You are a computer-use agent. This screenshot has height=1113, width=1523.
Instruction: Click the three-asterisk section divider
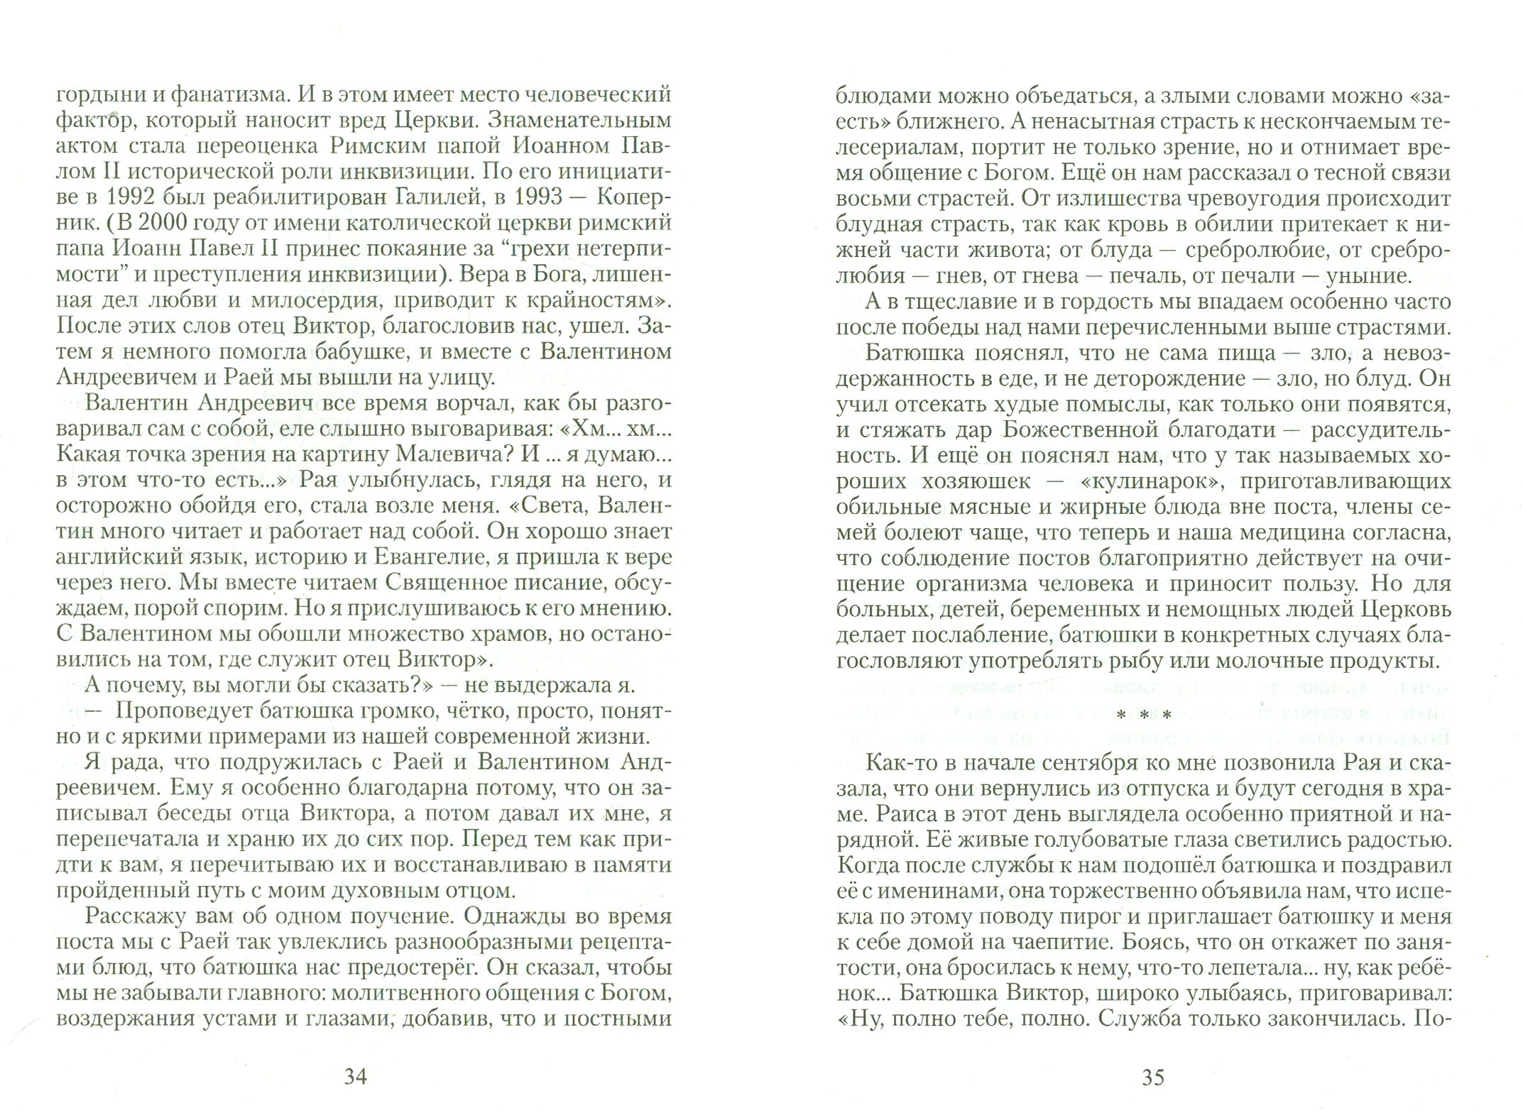1152,716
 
